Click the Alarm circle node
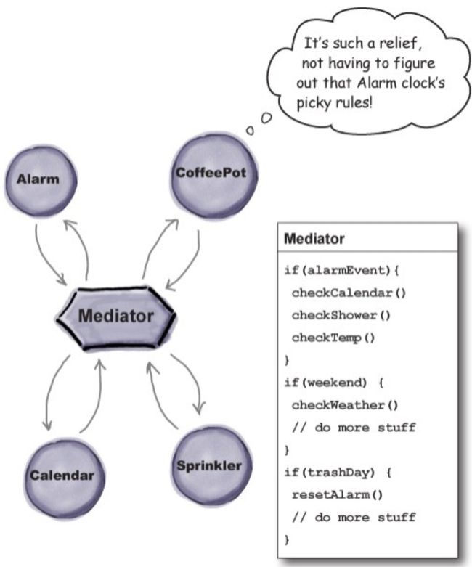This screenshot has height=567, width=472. coord(40,180)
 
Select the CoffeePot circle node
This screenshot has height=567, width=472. coord(213,176)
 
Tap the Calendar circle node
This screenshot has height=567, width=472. coord(64,476)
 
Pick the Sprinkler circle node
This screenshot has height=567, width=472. coord(211,466)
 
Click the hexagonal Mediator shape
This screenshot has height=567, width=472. coord(116,317)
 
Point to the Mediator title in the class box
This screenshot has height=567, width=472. coord(314,239)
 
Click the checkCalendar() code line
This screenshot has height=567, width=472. coord(349,293)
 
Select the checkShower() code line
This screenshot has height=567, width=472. coord(341,315)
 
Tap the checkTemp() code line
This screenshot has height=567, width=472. coord(333,338)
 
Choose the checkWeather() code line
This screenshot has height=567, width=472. coord(345,405)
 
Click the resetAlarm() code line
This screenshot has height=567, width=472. coord(337,494)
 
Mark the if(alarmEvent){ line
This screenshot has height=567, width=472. coord(341,270)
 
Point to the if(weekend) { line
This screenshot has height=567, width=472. coord(333,383)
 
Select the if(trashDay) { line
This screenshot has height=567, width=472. coord(338,473)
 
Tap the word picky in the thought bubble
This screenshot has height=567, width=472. coord(314,103)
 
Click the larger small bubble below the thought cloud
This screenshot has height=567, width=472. coord(266,118)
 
